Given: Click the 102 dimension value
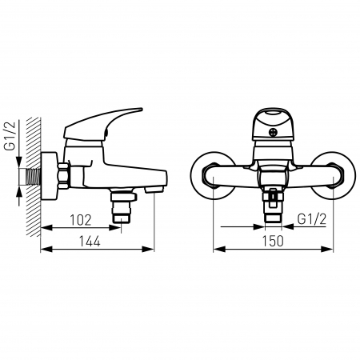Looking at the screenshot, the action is pos(81,220).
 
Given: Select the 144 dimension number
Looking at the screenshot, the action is pos(90,242).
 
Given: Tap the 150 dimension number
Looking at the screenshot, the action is pos(273,242).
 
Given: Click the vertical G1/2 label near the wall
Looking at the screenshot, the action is pos(11,135).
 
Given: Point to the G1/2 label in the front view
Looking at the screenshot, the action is pos(312,219).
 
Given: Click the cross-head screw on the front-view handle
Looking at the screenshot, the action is pos(274,133).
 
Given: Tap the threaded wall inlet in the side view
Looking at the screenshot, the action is pos(33,177).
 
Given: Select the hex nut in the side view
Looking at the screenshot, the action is pos(63,176).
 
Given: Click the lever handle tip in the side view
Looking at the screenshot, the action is pos(141,110).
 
